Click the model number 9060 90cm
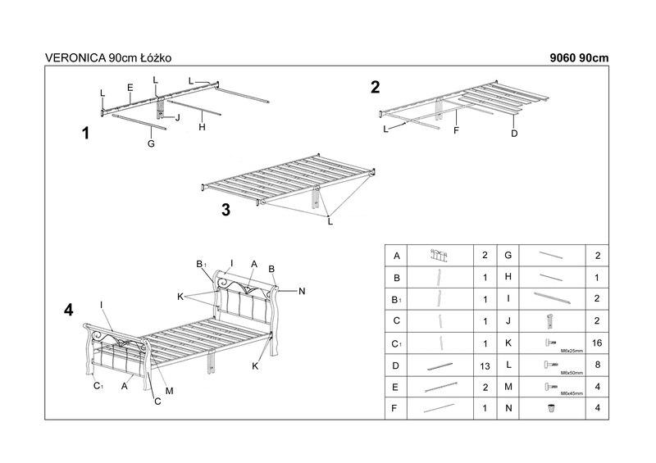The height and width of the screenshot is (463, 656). [x=580, y=58]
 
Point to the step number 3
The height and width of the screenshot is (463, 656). [x=225, y=209]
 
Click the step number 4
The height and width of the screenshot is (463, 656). [x=69, y=310]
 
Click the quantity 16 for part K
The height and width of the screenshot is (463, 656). [x=595, y=342]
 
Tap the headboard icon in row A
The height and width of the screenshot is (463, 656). [x=440, y=255]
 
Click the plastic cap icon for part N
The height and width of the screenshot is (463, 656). [x=551, y=406]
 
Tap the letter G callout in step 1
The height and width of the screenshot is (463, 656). [x=151, y=143]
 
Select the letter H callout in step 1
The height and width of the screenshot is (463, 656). [x=201, y=127]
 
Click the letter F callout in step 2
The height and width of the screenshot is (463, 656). [x=456, y=129]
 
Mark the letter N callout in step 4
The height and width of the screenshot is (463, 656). [x=302, y=290]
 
